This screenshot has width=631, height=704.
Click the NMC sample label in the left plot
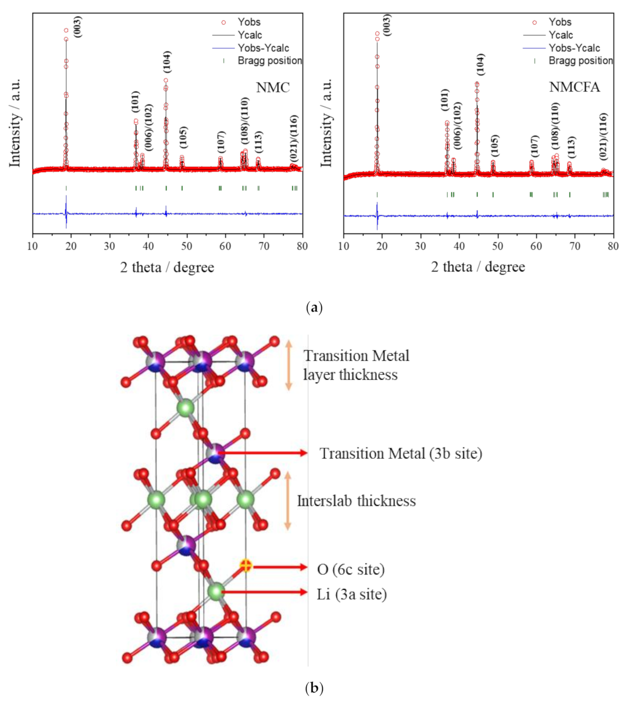click(x=272, y=88)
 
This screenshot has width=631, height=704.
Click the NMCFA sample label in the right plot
click(x=574, y=87)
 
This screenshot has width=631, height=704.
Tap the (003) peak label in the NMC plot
click(x=77, y=27)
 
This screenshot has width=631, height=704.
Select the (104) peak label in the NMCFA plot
click(x=480, y=64)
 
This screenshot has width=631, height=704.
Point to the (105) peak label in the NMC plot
click(x=183, y=137)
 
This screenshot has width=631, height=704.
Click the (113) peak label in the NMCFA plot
click(x=571, y=147)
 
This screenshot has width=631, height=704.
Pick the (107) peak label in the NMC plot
click(x=221, y=142)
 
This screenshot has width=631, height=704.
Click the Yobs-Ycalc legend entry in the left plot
click(x=263, y=48)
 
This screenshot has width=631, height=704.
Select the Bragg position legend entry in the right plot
click(x=580, y=61)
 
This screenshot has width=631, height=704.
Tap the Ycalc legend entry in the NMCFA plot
click(x=560, y=35)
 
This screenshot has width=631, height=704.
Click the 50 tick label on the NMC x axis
click(x=187, y=246)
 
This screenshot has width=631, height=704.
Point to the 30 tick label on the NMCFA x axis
click(x=420, y=246)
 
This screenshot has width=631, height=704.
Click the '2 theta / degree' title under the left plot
click(x=167, y=267)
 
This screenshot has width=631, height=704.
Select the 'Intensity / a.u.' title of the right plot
click(x=326, y=122)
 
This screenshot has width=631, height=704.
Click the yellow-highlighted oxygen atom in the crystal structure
click(x=245, y=565)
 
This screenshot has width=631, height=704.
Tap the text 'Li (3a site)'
click(x=351, y=594)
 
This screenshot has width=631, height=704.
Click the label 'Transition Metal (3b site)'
click(x=400, y=453)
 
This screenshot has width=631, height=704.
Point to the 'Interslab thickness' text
click(x=356, y=501)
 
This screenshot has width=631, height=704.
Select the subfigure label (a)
click(x=314, y=307)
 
